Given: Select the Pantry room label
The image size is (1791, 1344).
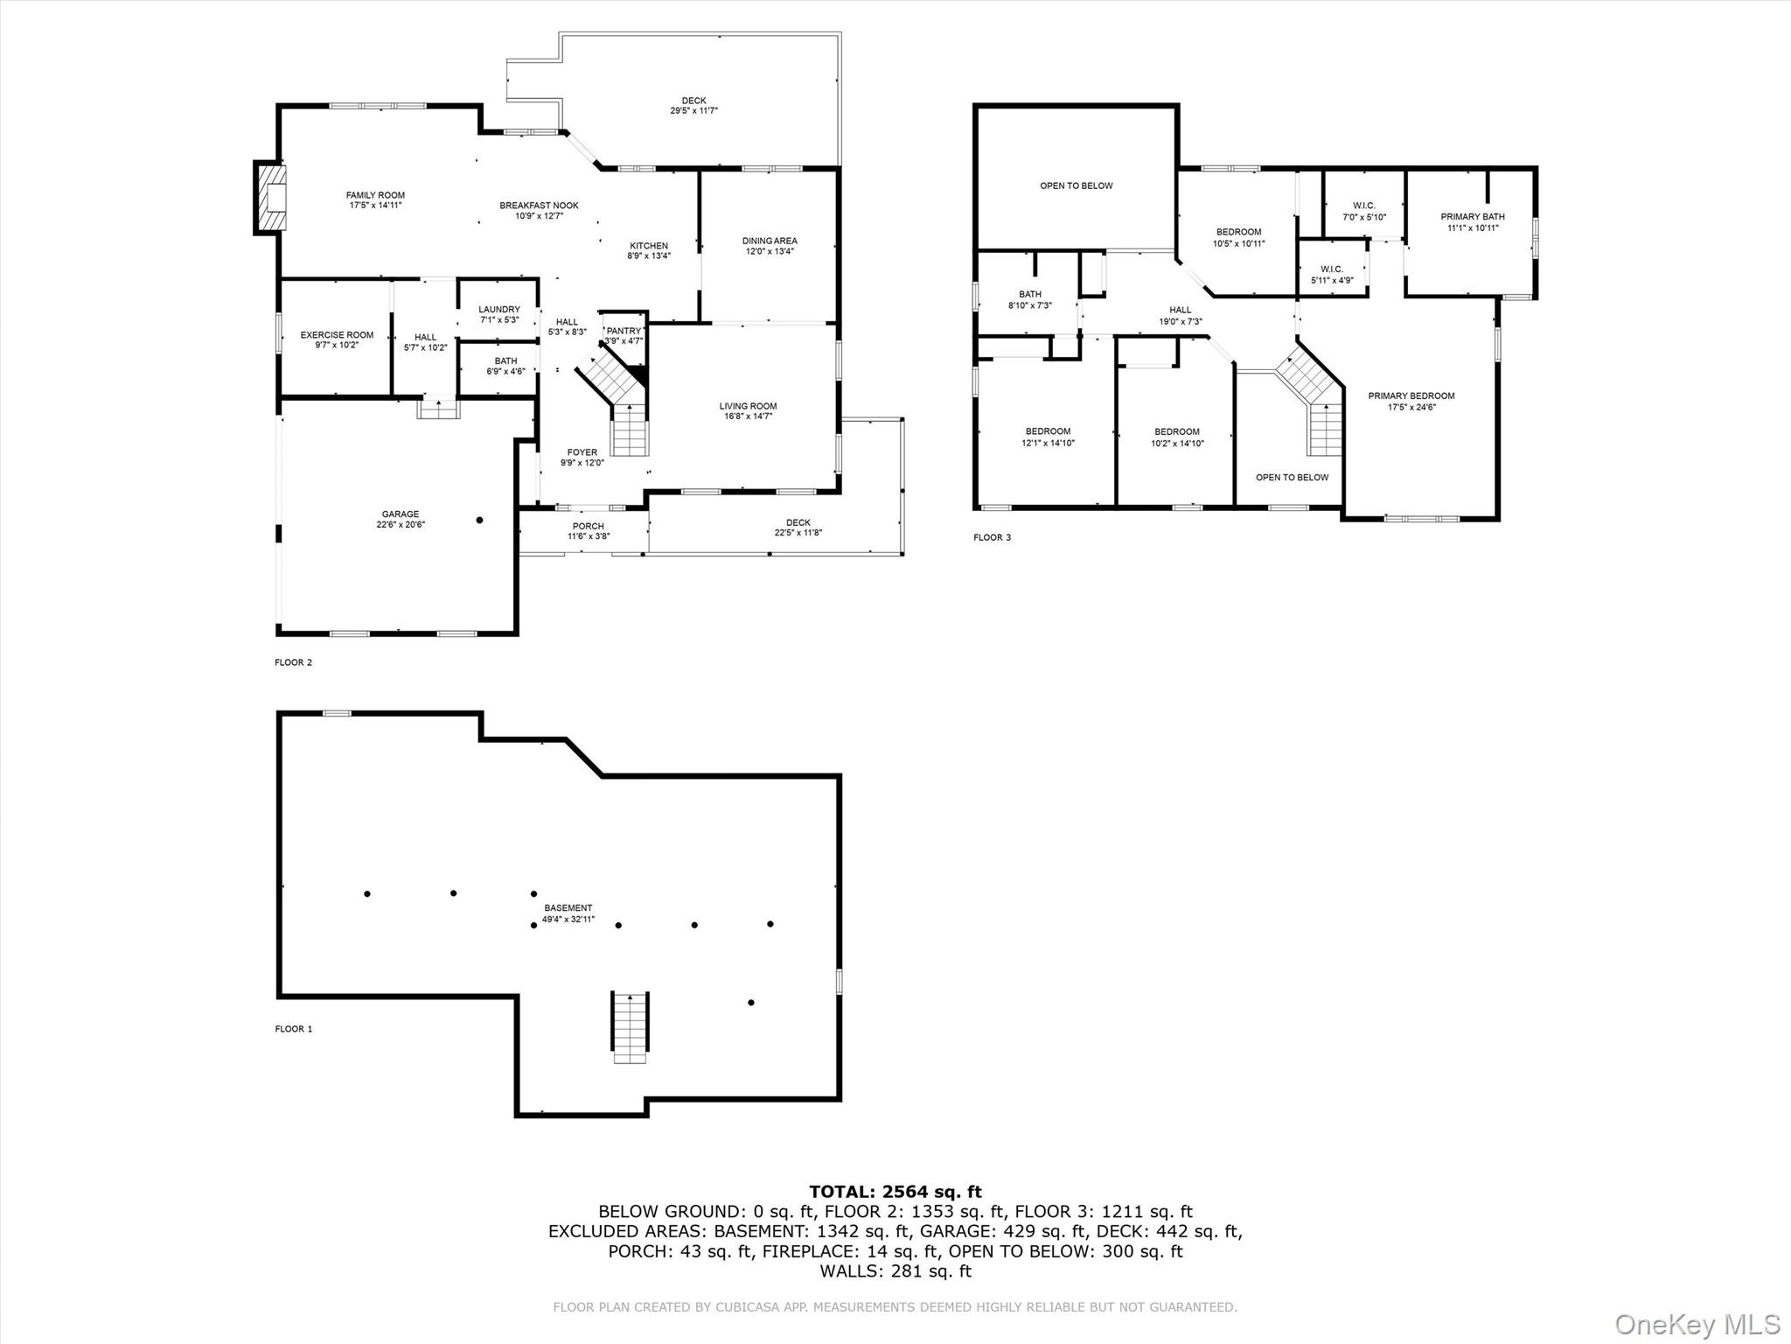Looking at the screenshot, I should pyautogui.click(x=624, y=331).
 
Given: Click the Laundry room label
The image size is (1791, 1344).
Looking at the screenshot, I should pyautogui.click(x=498, y=310).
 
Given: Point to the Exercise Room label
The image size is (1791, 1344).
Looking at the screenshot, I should pyautogui.click(x=337, y=335).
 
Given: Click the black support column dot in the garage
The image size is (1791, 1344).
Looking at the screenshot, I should pyautogui.click(x=479, y=521).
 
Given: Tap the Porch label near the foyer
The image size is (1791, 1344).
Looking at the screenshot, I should pyautogui.click(x=588, y=527).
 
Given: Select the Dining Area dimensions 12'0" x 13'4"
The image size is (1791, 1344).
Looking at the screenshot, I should pyautogui.click(x=770, y=252).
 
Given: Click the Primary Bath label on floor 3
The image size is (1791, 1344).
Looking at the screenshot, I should pyautogui.click(x=1473, y=217).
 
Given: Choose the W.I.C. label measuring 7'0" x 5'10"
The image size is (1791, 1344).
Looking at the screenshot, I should pyautogui.click(x=1364, y=206).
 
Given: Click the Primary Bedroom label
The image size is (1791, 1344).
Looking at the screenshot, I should pyautogui.click(x=1411, y=396).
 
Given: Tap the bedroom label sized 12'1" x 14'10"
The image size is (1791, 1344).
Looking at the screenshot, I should pyautogui.click(x=1048, y=431).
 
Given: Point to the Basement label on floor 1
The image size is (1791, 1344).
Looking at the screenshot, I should pyautogui.click(x=568, y=908).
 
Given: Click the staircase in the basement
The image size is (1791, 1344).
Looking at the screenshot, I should pyautogui.click(x=630, y=1027).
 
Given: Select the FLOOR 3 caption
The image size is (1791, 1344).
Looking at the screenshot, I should pyautogui.click(x=992, y=537).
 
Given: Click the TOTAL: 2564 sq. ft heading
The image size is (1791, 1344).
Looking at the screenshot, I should pyautogui.click(x=895, y=1192).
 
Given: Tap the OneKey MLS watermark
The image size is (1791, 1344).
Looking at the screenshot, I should pyautogui.click(x=1697, y=1324).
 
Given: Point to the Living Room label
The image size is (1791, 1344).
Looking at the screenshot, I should pyautogui.click(x=748, y=406).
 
